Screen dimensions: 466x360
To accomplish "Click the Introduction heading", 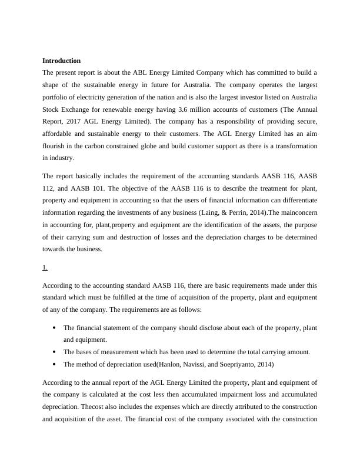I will (x=61, y=61).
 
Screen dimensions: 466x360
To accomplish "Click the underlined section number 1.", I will (x=45, y=268).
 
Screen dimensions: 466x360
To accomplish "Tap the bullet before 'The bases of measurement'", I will (x=54, y=352).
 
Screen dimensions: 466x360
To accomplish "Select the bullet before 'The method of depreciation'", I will (x=54, y=364).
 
